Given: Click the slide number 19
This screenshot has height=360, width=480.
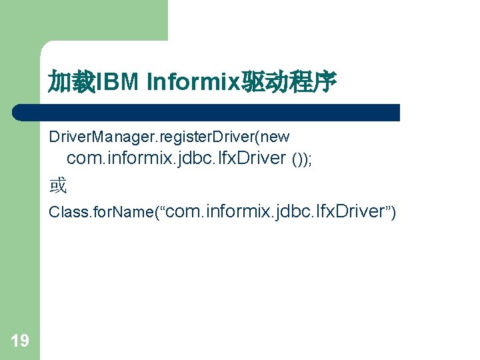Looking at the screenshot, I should pyautogui.click(x=20, y=341).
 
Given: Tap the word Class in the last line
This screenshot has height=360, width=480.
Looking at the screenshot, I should pyautogui.click(x=65, y=213).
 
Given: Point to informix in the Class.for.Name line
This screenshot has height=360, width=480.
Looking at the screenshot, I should pyautogui.click(x=239, y=212).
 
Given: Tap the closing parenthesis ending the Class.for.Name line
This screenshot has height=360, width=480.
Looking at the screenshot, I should pyautogui.click(x=393, y=213).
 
